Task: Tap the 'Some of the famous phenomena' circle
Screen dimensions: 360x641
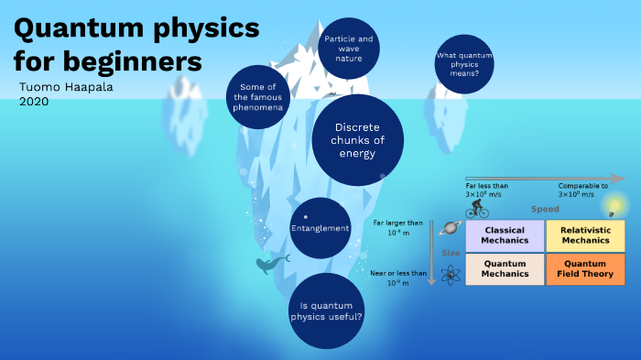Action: point(258,95)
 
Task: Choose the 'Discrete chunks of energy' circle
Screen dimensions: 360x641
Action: point(357,140)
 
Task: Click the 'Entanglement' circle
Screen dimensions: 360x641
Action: point(320,227)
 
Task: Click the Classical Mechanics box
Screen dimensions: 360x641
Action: point(505,235)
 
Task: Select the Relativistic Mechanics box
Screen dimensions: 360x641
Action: point(585,235)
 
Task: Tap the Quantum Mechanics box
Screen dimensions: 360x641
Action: point(505,268)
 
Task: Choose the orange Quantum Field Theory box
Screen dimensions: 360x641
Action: point(585,268)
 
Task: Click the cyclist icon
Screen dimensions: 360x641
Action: point(479,209)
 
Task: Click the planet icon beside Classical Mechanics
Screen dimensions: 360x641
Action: point(450,229)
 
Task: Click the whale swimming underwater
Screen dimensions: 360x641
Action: point(271,264)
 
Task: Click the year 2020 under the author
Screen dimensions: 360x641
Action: point(34,101)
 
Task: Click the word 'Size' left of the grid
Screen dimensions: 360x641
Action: point(451,252)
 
